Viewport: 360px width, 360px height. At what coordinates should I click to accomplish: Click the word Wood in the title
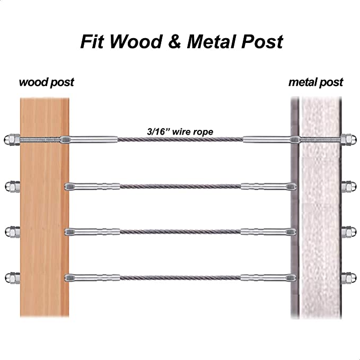click(136, 41)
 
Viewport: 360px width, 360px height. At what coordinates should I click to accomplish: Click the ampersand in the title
click(175, 42)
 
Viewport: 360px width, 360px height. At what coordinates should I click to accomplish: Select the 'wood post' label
click(47, 82)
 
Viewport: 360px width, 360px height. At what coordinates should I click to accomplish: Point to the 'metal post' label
click(315, 82)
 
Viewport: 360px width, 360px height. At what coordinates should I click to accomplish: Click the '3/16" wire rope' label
click(180, 132)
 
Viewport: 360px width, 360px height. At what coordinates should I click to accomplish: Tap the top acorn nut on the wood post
click(12, 139)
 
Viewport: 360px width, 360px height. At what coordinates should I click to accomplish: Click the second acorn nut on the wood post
click(12, 187)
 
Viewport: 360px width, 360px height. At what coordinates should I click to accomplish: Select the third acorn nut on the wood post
click(12, 232)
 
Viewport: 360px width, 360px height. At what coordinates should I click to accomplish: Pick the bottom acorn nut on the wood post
click(12, 278)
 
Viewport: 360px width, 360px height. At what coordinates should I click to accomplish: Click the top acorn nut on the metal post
click(348, 139)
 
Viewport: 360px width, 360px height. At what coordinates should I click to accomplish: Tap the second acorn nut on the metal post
click(349, 186)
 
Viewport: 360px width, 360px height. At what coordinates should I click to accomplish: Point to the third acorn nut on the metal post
click(349, 232)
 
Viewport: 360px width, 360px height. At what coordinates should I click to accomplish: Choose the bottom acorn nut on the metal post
click(349, 278)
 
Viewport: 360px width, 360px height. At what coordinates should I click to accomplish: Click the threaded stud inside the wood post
click(40, 139)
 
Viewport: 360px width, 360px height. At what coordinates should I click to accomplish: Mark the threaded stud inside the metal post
click(320, 139)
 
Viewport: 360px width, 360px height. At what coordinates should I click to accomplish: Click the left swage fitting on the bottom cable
click(92, 278)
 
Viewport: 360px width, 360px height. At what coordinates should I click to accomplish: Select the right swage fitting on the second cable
click(268, 186)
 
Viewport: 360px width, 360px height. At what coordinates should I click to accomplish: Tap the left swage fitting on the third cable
click(92, 232)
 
